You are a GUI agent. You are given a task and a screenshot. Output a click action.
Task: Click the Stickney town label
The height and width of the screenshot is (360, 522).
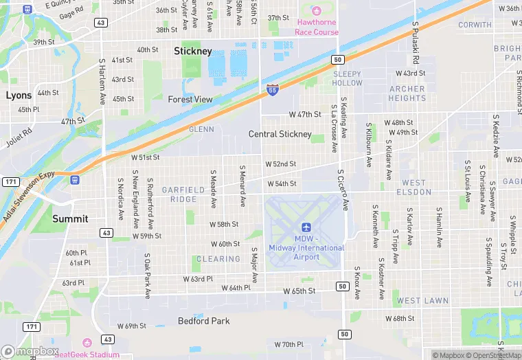click(x=193, y=51)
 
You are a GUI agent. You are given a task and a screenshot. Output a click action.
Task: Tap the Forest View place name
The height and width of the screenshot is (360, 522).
click(x=190, y=99)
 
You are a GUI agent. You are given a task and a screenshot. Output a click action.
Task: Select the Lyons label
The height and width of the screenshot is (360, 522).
click(x=19, y=95)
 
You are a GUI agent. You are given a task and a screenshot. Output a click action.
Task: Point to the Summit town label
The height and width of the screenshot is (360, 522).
click(x=70, y=218)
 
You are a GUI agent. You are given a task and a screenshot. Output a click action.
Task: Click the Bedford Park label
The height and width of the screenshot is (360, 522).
click(x=203, y=321)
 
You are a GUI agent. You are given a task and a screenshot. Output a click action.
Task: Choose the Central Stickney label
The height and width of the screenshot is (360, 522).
click(x=280, y=134)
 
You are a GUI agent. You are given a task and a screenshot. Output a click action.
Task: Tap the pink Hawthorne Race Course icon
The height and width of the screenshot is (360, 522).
click(x=317, y=11)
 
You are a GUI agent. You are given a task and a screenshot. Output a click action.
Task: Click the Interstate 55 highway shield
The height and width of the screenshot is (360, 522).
click(x=272, y=89)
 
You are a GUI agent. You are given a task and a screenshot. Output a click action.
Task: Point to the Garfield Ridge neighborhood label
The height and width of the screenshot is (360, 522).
click(x=183, y=194)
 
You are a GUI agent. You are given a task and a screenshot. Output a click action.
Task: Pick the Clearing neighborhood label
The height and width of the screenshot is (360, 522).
click(x=218, y=259)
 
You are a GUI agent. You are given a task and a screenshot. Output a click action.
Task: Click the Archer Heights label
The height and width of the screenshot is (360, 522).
click(x=407, y=93)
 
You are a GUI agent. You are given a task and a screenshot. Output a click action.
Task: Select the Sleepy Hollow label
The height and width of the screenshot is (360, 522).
click(x=347, y=78)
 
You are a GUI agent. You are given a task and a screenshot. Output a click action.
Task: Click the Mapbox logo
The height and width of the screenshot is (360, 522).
click(x=30, y=351)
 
